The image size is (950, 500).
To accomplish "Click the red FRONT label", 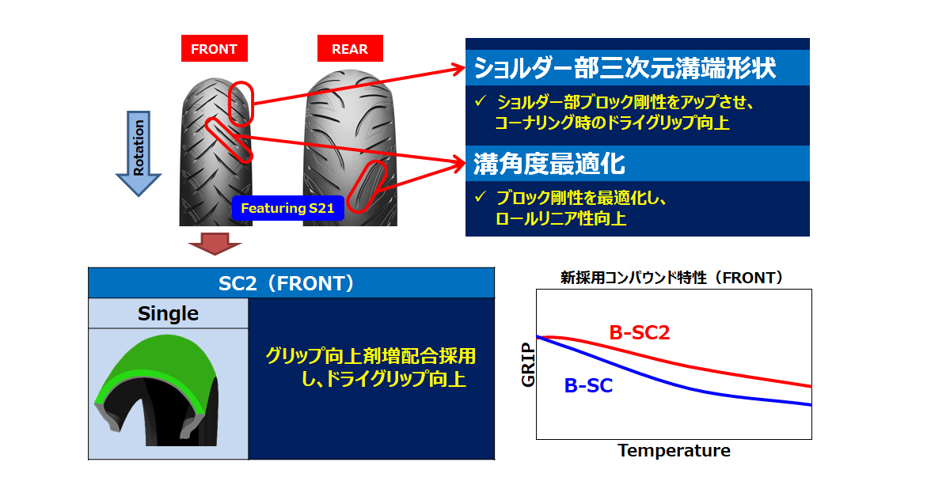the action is click(215, 48).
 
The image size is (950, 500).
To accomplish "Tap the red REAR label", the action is click(350, 48).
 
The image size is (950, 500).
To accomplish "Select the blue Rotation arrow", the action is click(139, 153).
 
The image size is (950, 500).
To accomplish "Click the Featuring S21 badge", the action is click(287, 208).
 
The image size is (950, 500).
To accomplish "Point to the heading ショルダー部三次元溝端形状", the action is click(625, 68).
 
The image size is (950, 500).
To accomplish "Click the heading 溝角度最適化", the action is click(549, 164).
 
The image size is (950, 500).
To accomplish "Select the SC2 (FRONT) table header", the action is click(291, 282).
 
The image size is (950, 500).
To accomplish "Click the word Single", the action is click(168, 313).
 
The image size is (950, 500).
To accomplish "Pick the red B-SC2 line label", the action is click(639, 332).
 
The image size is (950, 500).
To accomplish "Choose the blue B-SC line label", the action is click(588, 385).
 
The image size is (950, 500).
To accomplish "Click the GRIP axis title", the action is click(528, 365).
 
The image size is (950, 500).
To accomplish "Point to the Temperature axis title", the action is click(674, 450).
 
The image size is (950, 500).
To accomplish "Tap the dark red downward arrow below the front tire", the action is click(215, 244).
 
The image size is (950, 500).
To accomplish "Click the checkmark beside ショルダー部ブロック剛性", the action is click(480, 100).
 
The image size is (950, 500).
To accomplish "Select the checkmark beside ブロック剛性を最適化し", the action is click(480, 197).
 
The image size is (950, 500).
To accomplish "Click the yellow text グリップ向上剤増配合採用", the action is click(370, 356).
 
